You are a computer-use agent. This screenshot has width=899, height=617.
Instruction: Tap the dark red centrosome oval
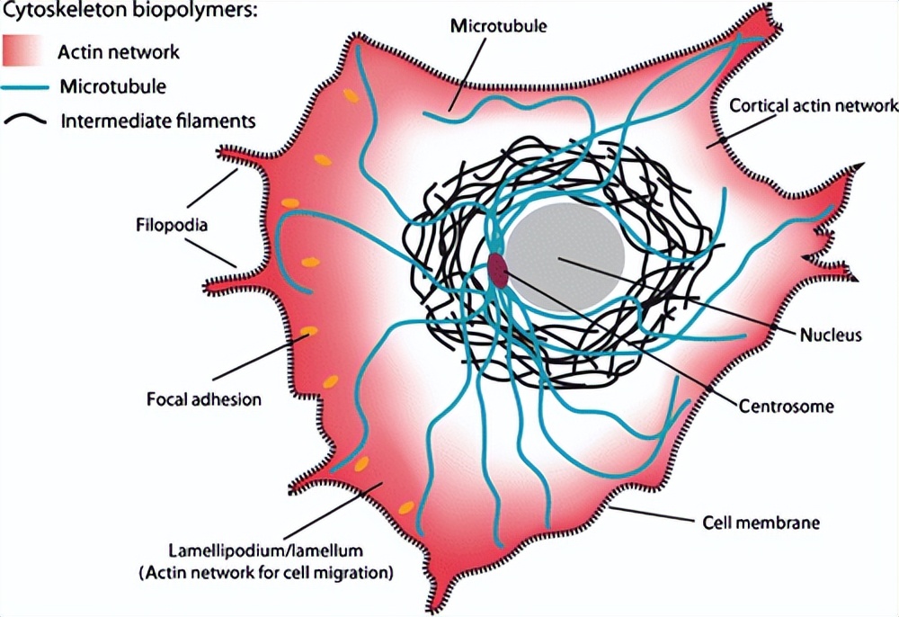tap(497, 270)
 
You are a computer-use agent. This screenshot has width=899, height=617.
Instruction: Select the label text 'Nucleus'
tap(831, 335)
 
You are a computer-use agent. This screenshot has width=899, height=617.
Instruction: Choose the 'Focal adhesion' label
tap(203, 398)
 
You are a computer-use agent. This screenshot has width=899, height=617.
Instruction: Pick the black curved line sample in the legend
tap(26, 120)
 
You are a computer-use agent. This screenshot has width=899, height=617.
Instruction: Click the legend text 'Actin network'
tap(119, 52)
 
